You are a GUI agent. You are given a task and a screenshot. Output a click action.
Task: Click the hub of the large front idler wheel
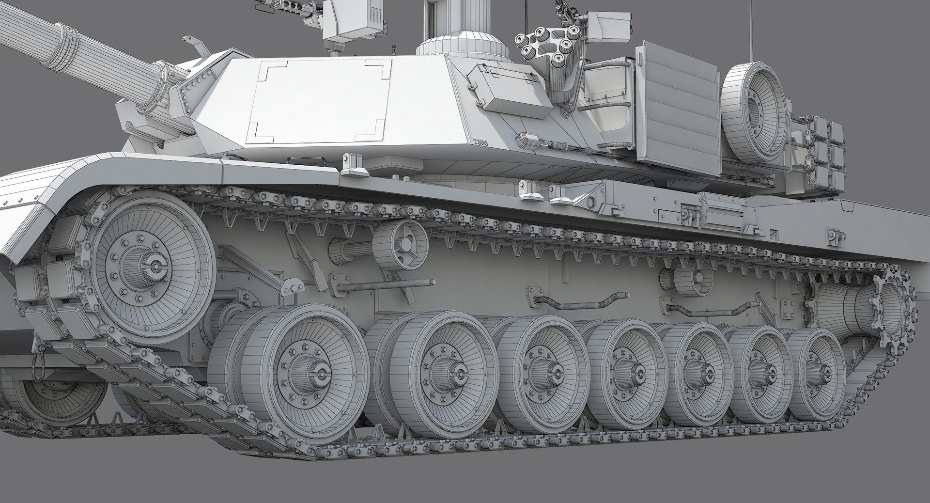pyautogui.click(x=156, y=265)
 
